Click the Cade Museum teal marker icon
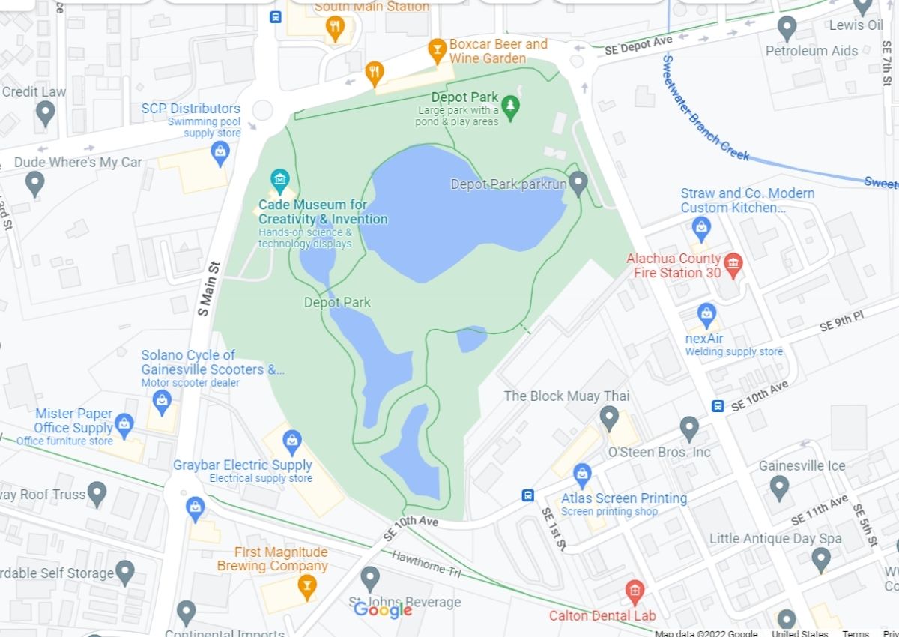click(279, 179)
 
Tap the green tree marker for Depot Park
click(510, 107)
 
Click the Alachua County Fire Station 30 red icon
click(733, 262)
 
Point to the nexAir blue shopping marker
click(706, 314)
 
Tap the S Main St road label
click(209, 289)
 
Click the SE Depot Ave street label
click(638, 46)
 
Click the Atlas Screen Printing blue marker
click(582, 474)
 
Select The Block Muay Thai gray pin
click(609, 416)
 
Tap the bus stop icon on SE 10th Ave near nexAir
click(718, 406)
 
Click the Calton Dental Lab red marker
click(635, 591)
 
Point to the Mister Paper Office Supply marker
click(124, 425)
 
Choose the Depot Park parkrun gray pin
click(578, 182)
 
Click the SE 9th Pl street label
click(841, 321)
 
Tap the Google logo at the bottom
click(383, 610)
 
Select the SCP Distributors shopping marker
click(220, 154)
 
